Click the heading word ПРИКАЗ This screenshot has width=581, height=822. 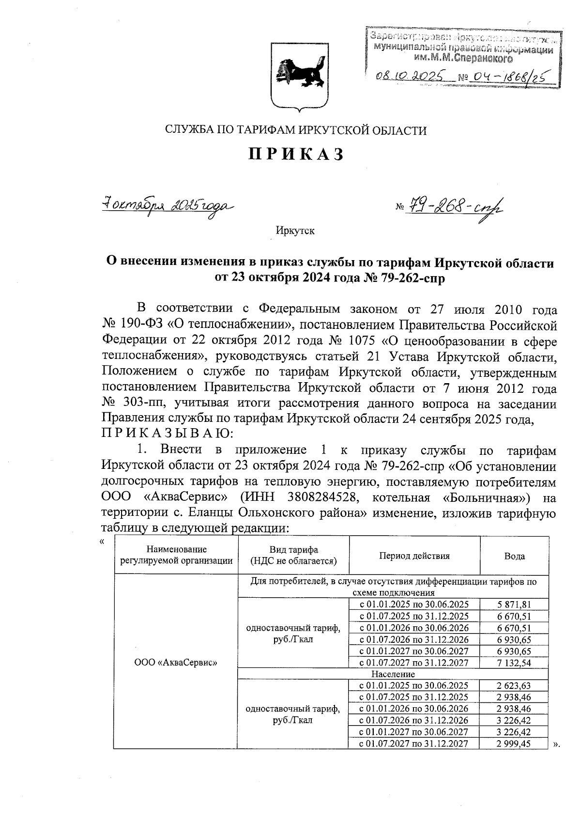coord(296,155)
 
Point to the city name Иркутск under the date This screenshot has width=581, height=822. coord(295,231)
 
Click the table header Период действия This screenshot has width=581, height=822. coord(414,556)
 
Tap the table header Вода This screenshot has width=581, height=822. coord(514,556)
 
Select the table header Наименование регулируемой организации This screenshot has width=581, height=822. coord(176,555)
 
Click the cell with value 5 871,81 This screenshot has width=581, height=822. coord(514,604)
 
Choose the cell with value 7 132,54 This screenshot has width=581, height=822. coord(514,662)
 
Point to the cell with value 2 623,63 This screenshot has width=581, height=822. coord(514,685)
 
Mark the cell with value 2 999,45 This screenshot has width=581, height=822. coord(514,744)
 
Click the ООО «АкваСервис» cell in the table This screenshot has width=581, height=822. coord(176,662)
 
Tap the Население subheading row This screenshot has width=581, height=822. coord(393,674)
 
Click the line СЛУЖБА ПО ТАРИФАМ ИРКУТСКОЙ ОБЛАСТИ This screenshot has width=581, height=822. coord(296,130)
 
